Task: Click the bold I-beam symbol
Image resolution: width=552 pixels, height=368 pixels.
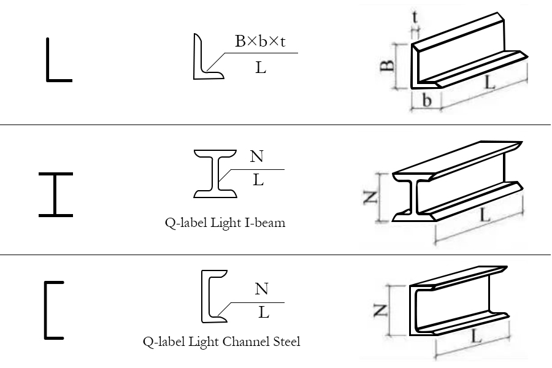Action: (x=55, y=194)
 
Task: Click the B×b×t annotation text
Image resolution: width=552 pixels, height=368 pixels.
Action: (x=261, y=42)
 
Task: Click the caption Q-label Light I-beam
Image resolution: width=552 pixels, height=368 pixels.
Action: (x=225, y=223)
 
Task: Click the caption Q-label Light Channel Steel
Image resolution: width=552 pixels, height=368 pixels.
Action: (x=221, y=341)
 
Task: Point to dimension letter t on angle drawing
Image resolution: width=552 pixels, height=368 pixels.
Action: (x=416, y=17)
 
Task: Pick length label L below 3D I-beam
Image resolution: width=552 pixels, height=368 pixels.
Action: (x=484, y=215)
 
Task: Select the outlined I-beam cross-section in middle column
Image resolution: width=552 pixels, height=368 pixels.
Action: (x=216, y=174)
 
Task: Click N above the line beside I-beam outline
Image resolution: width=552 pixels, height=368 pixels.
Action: (x=257, y=157)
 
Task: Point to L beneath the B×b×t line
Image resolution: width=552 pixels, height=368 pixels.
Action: (x=261, y=67)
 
